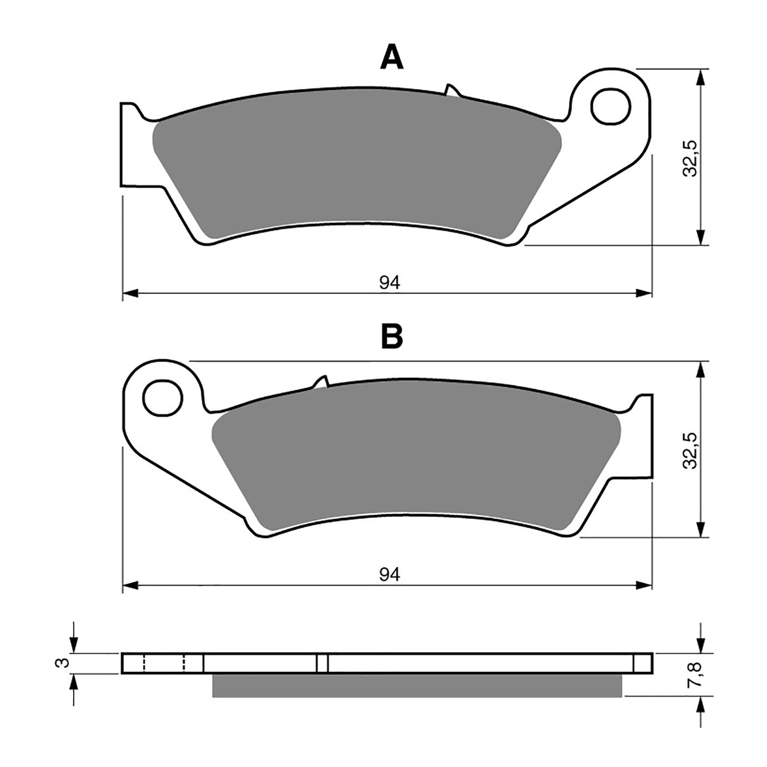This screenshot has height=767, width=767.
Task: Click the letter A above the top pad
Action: (392, 58)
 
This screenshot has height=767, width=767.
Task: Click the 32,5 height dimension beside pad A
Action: (690, 158)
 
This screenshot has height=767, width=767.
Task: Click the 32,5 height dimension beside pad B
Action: (690, 450)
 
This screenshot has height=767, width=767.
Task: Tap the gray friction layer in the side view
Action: (417, 685)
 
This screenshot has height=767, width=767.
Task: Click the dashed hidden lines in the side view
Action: (163, 663)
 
